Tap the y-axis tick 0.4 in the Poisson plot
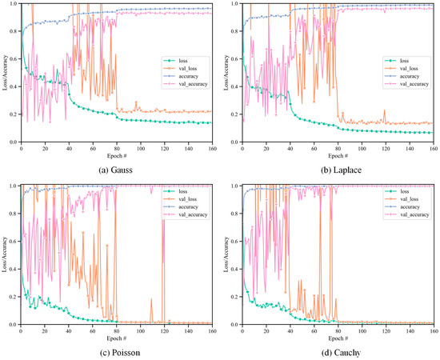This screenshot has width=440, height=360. tap(10, 269)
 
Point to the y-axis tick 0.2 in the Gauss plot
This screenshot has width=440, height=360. tap(10, 114)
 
